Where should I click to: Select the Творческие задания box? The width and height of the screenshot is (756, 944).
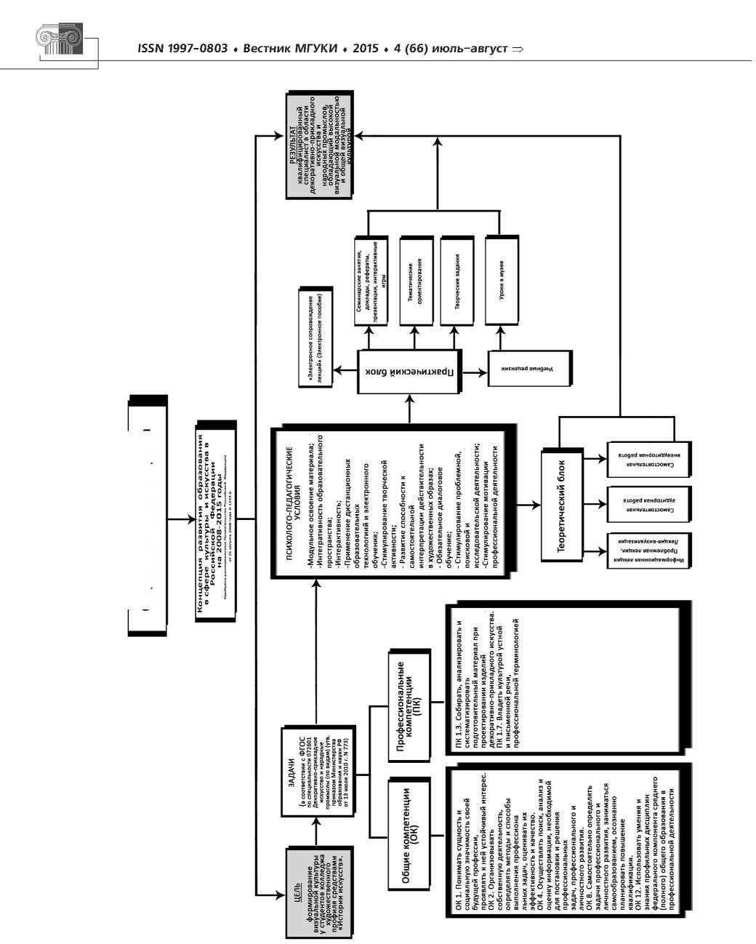[458, 280]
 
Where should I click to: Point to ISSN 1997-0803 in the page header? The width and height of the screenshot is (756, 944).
[175, 49]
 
